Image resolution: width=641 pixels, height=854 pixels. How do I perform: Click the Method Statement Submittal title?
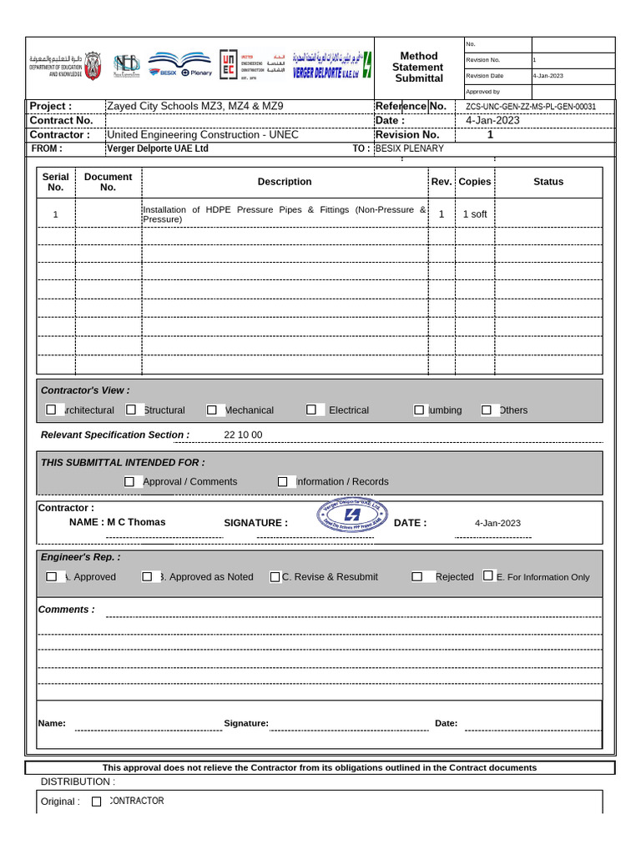tap(419, 67)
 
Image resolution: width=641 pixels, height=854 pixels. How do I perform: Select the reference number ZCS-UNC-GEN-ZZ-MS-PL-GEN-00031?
tap(531, 107)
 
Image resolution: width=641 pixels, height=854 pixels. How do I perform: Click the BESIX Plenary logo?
tap(180, 66)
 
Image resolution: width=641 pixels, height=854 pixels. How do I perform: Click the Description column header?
tap(285, 182)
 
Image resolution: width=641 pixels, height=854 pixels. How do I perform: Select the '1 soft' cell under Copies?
tap(475, 214)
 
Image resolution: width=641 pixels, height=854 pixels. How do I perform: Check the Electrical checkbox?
tap(310, 409)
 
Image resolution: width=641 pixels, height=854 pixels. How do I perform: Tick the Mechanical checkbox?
tap(212, 409)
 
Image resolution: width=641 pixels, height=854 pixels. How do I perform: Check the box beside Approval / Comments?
tap(129, 481)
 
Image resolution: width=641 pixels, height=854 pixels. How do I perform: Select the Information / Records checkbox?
tap(283, 481)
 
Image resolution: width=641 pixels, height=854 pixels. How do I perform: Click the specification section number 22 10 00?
tap(243, 435)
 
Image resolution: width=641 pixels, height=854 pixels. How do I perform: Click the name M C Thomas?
tap(117, 522)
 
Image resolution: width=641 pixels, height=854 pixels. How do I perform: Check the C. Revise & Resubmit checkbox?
tap(275, 576)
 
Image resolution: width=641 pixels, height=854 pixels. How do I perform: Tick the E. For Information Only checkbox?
tap(488, 575)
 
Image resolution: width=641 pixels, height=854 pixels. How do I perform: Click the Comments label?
tap(66, 610)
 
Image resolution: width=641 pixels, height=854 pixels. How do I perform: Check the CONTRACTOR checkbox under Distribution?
tap(97, 801)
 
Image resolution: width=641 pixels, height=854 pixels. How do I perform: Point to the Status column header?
tap(548, 182)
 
